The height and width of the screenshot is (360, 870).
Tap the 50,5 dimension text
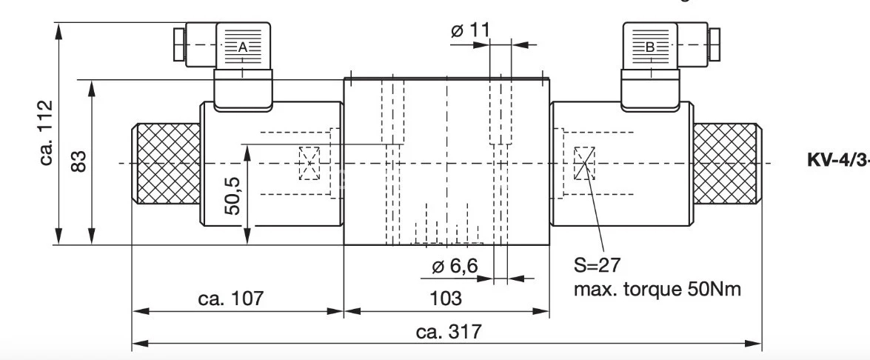tap(232, 194)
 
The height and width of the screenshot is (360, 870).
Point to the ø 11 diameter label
tap(470, 30)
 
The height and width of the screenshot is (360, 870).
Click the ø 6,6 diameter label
tap(455, 267)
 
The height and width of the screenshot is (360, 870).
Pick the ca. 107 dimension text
tap(231, 299)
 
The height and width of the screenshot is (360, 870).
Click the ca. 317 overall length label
tap(446, 332)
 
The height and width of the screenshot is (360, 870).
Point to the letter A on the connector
tap(242, 47)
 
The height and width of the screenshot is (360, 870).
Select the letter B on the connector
tap(650, 47)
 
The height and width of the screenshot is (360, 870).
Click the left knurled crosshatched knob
tap(166, 164)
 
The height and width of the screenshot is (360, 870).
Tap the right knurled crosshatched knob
tap(727, 164)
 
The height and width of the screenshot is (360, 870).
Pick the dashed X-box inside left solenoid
tap(309, 163)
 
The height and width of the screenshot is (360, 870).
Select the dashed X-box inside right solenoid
tap(584, 163)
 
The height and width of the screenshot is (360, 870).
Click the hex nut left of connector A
tap(178, 45)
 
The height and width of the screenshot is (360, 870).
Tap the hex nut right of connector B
tap(715, 45)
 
